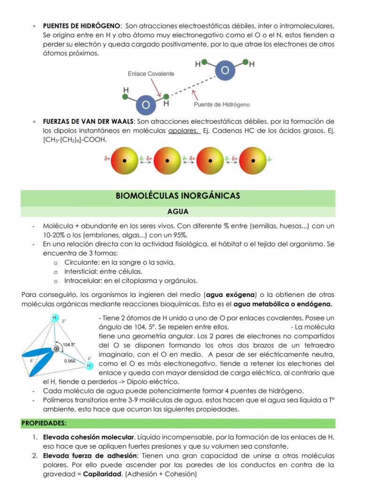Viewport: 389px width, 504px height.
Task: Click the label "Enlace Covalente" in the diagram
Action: tap(151, 74)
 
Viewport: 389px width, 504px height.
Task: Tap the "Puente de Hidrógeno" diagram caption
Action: tap(222, 104)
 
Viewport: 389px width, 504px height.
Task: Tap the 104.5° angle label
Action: tap(69, 344)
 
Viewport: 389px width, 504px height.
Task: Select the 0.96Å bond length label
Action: tap(71, 361)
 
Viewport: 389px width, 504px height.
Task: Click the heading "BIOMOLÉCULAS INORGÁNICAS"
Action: tap(178, 196)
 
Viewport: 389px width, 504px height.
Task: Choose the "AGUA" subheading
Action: tap(178, 212)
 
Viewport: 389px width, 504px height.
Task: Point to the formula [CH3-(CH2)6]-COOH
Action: tap(75, 140)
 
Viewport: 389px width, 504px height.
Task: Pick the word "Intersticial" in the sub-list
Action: tap(82, 271)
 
